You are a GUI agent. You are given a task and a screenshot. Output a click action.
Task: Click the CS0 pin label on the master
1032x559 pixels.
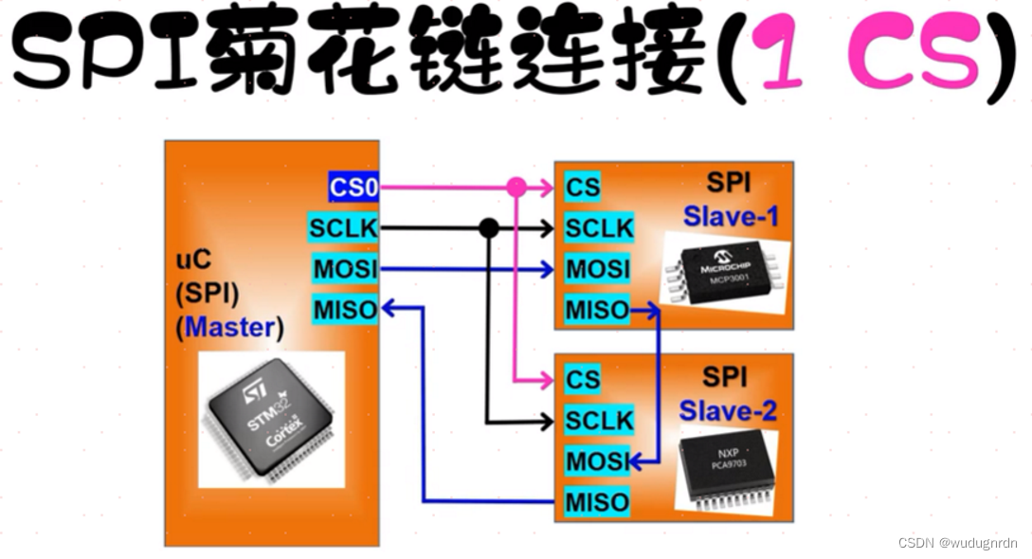pyautogui.click(x=353, y=188)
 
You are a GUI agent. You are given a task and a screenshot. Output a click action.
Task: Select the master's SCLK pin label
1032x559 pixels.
pyautogui.click(x=343, y=228)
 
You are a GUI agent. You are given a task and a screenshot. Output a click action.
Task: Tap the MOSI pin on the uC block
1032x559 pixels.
pyautogui.click(x=345, y=269)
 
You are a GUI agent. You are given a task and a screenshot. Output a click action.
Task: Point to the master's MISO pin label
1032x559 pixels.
pyautogui.click(x=345, y=308)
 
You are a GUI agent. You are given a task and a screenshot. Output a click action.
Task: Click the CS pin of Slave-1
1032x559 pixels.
pyautogui.click(x=583, y=188)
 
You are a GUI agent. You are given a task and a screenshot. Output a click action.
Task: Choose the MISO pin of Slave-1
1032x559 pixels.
pyautogui.click(x=597, y=310)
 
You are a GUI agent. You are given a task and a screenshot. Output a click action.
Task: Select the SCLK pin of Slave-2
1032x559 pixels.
pyautogui.click(x=599, y=420)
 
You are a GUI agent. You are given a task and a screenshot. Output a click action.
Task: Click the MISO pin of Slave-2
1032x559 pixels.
pyautogui.click(x=597, y=501)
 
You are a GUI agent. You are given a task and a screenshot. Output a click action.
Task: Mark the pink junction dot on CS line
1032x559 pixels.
pyautogui.click(x=516, y=188)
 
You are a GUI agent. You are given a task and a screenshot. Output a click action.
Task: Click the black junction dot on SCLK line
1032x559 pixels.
pyautogui.click(x=488, y=228)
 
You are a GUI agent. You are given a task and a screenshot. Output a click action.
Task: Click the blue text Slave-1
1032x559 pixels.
pyautogui.click(x=731, y=217)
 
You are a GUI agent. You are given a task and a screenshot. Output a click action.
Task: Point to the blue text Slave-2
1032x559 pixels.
pyautogui.click(x=728, y=411)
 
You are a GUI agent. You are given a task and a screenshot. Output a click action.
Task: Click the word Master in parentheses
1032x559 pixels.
pyautogui.click(x=233, y=328)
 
